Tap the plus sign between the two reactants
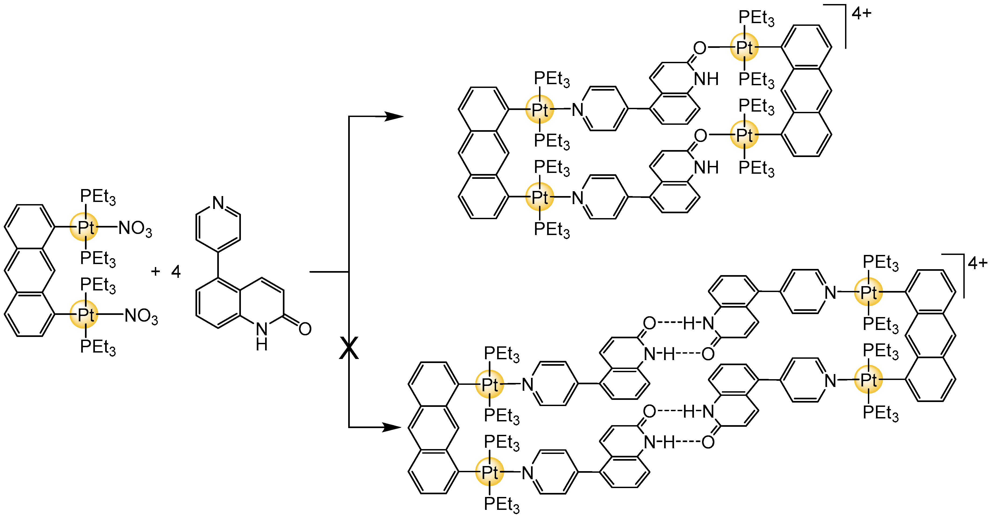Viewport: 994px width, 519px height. [x=155, y=271]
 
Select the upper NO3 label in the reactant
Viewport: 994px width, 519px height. [x=135, y=228]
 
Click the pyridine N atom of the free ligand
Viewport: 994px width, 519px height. [x=218, y=202]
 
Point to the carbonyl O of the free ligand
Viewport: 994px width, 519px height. [x=305, y=329]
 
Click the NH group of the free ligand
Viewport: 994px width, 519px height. [x=262, y=336]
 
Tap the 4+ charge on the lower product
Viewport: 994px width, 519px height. [x=977, y=264]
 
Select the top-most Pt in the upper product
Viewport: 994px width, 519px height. [x=744, y=47]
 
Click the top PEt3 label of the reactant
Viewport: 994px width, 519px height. [x=98, y=197]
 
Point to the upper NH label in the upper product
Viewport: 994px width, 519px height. [x=706, y=79]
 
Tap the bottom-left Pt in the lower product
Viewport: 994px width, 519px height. [x=490, y=472]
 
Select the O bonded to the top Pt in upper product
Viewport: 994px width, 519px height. [x=700, y=48]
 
